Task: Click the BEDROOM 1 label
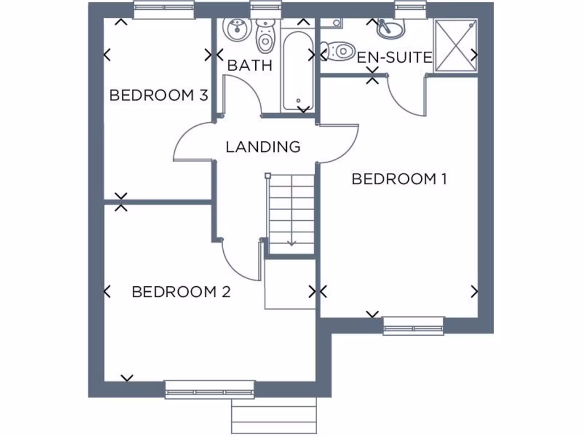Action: pos(399,179)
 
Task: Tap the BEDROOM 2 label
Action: pos(181,292)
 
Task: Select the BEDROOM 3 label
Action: pos(158,95)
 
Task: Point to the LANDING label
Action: pos(262,147)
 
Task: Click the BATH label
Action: pos(249,65)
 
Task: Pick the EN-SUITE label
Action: pos(395,57)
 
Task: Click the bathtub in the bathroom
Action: pos(297,71)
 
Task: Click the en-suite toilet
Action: pos(339,52)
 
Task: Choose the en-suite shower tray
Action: pos(455,46)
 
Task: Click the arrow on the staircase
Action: pos(291,241)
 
